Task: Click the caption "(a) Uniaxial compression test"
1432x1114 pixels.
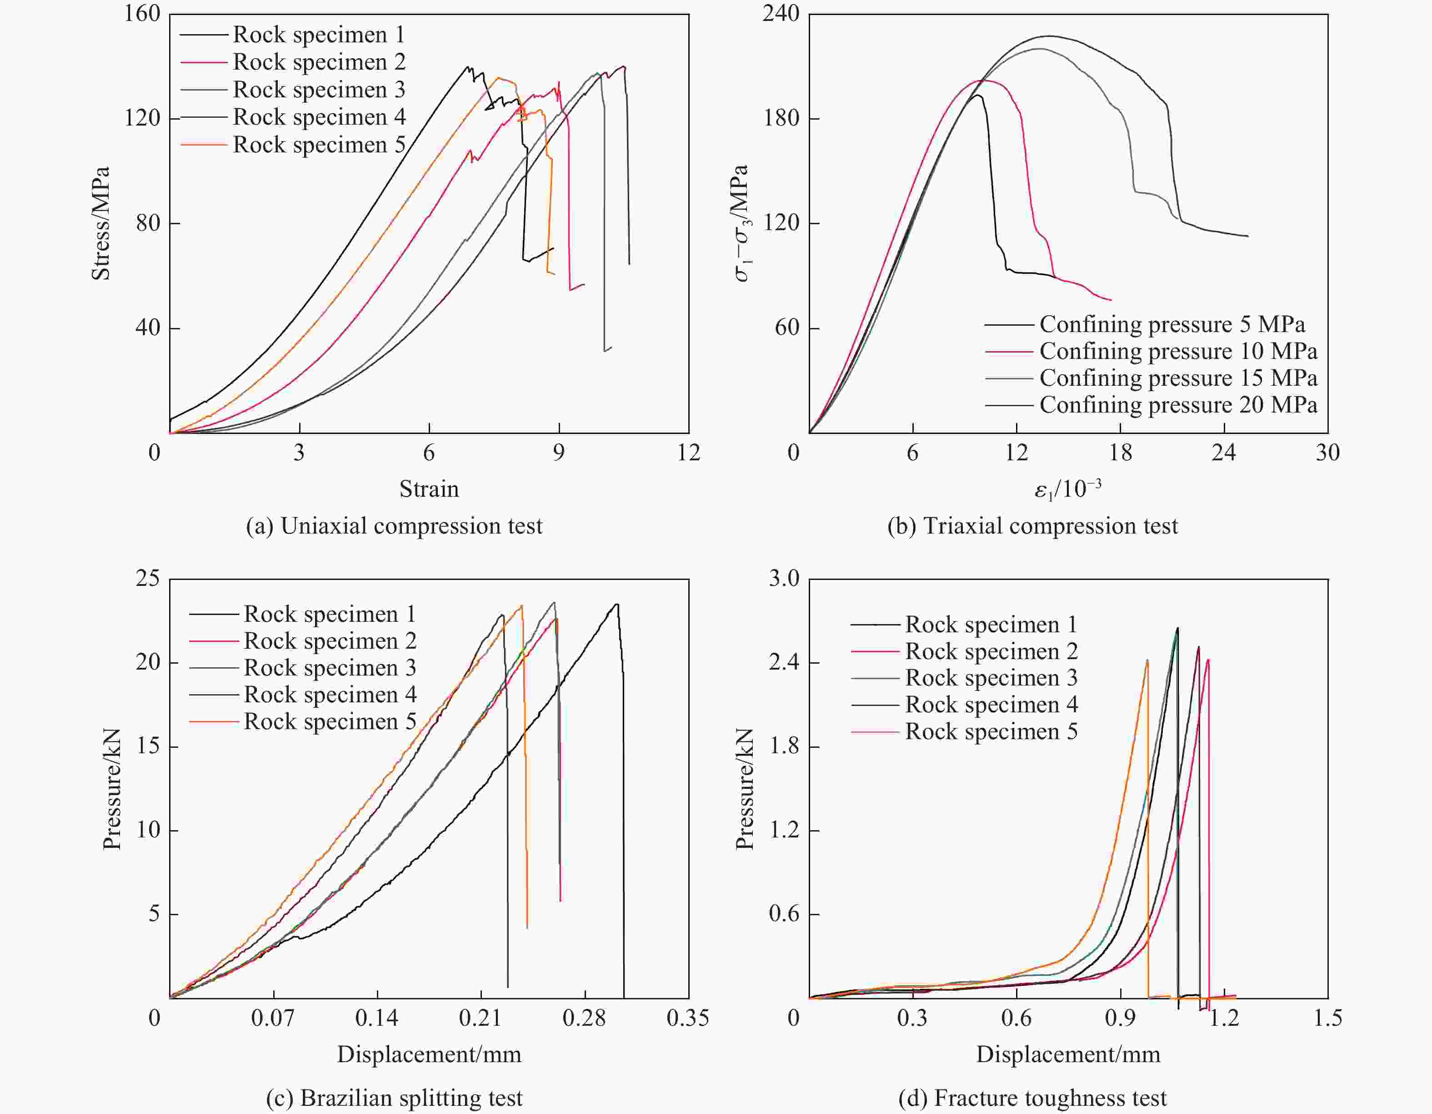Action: (x=394, y=526)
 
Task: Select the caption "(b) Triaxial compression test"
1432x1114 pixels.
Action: (x=1032, y=526)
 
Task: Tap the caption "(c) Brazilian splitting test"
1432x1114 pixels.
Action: (x=394, y=1098)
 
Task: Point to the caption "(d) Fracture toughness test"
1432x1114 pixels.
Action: (x=1032, y=1098)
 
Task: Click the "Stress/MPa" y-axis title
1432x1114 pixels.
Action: (x=100, y=223)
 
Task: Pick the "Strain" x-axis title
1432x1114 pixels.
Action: (x=429, y=489)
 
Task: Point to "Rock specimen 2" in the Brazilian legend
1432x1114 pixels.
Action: (x=330, y=641)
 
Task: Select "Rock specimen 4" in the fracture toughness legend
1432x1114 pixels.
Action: (x=991, y=705)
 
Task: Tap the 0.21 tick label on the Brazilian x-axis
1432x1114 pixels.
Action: (x=480, y=1018)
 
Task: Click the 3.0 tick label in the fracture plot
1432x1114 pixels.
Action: (x=784, y=579)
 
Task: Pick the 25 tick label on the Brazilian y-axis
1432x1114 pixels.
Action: (x=148, y=579)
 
